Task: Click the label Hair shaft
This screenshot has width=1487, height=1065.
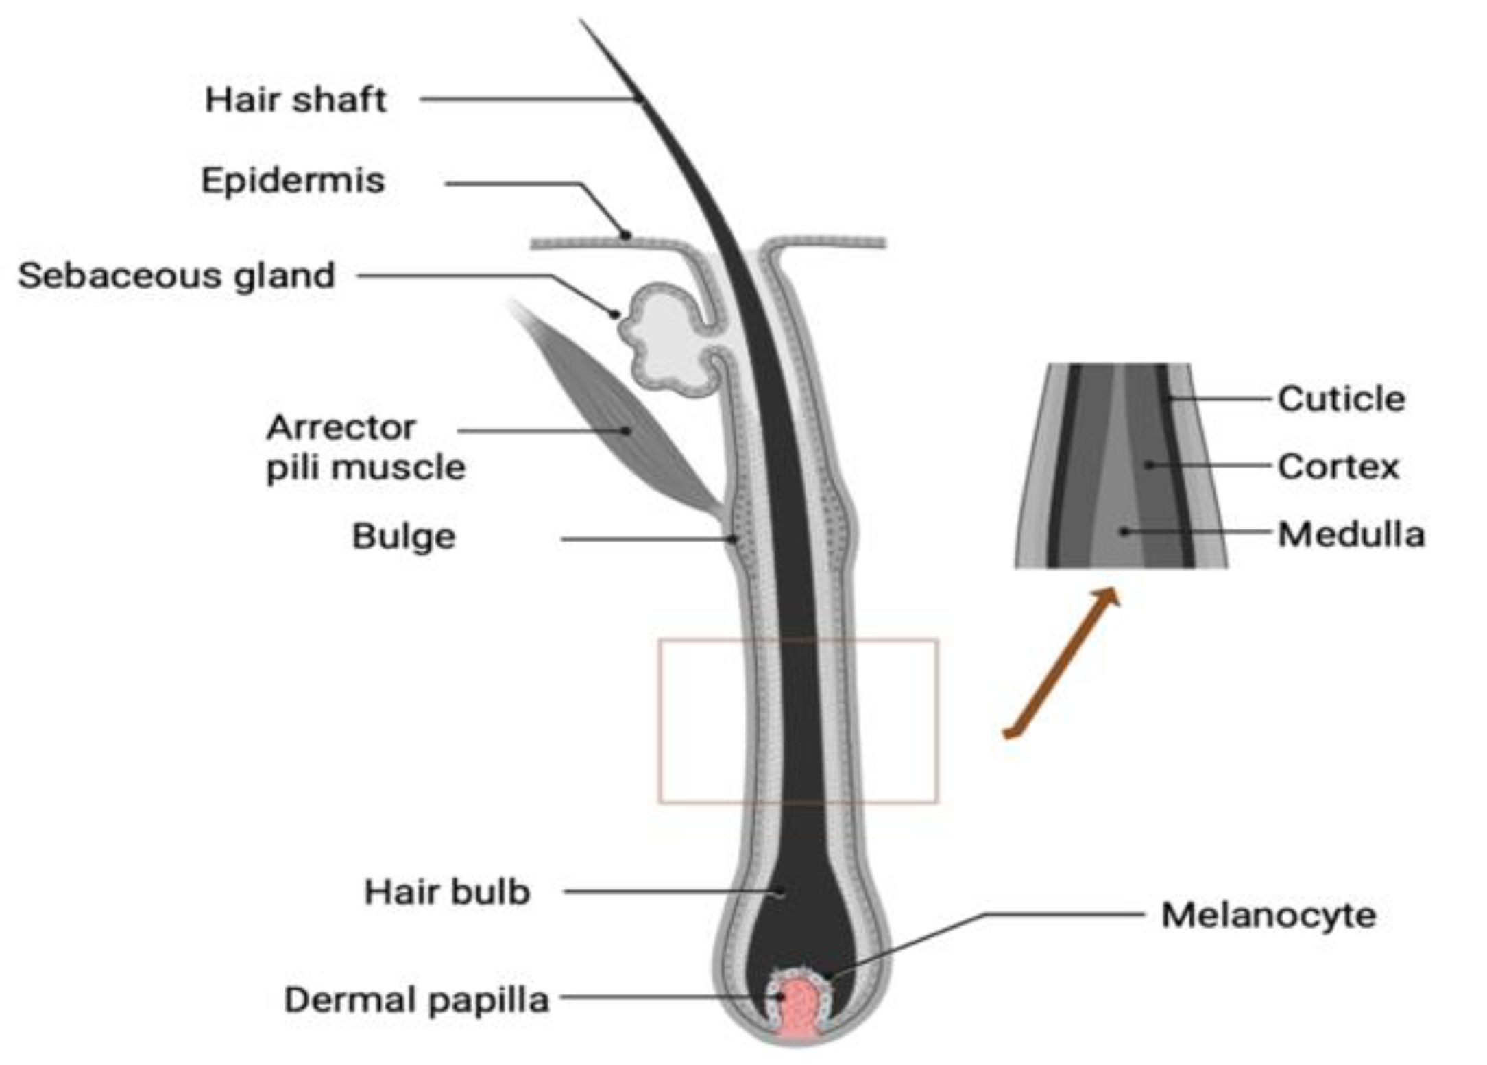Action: coord(295,100)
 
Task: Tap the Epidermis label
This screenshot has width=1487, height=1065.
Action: coord(293,181)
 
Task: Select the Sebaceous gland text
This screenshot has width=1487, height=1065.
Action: coord(176,276)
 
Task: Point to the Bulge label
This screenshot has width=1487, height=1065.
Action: coord(404,536)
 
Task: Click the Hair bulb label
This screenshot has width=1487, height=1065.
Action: coord(447,892)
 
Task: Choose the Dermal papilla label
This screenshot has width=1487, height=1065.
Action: coord(416,1000)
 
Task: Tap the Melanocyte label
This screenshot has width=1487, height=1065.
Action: coord(1268,916)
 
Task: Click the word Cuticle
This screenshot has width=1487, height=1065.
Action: coord(1341,399)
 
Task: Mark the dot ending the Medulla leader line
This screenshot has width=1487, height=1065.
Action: coord(1124,531)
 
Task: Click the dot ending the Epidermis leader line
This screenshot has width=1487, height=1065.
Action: coord(625,236)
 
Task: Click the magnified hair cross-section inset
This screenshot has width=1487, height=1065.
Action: coord(1121,466)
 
